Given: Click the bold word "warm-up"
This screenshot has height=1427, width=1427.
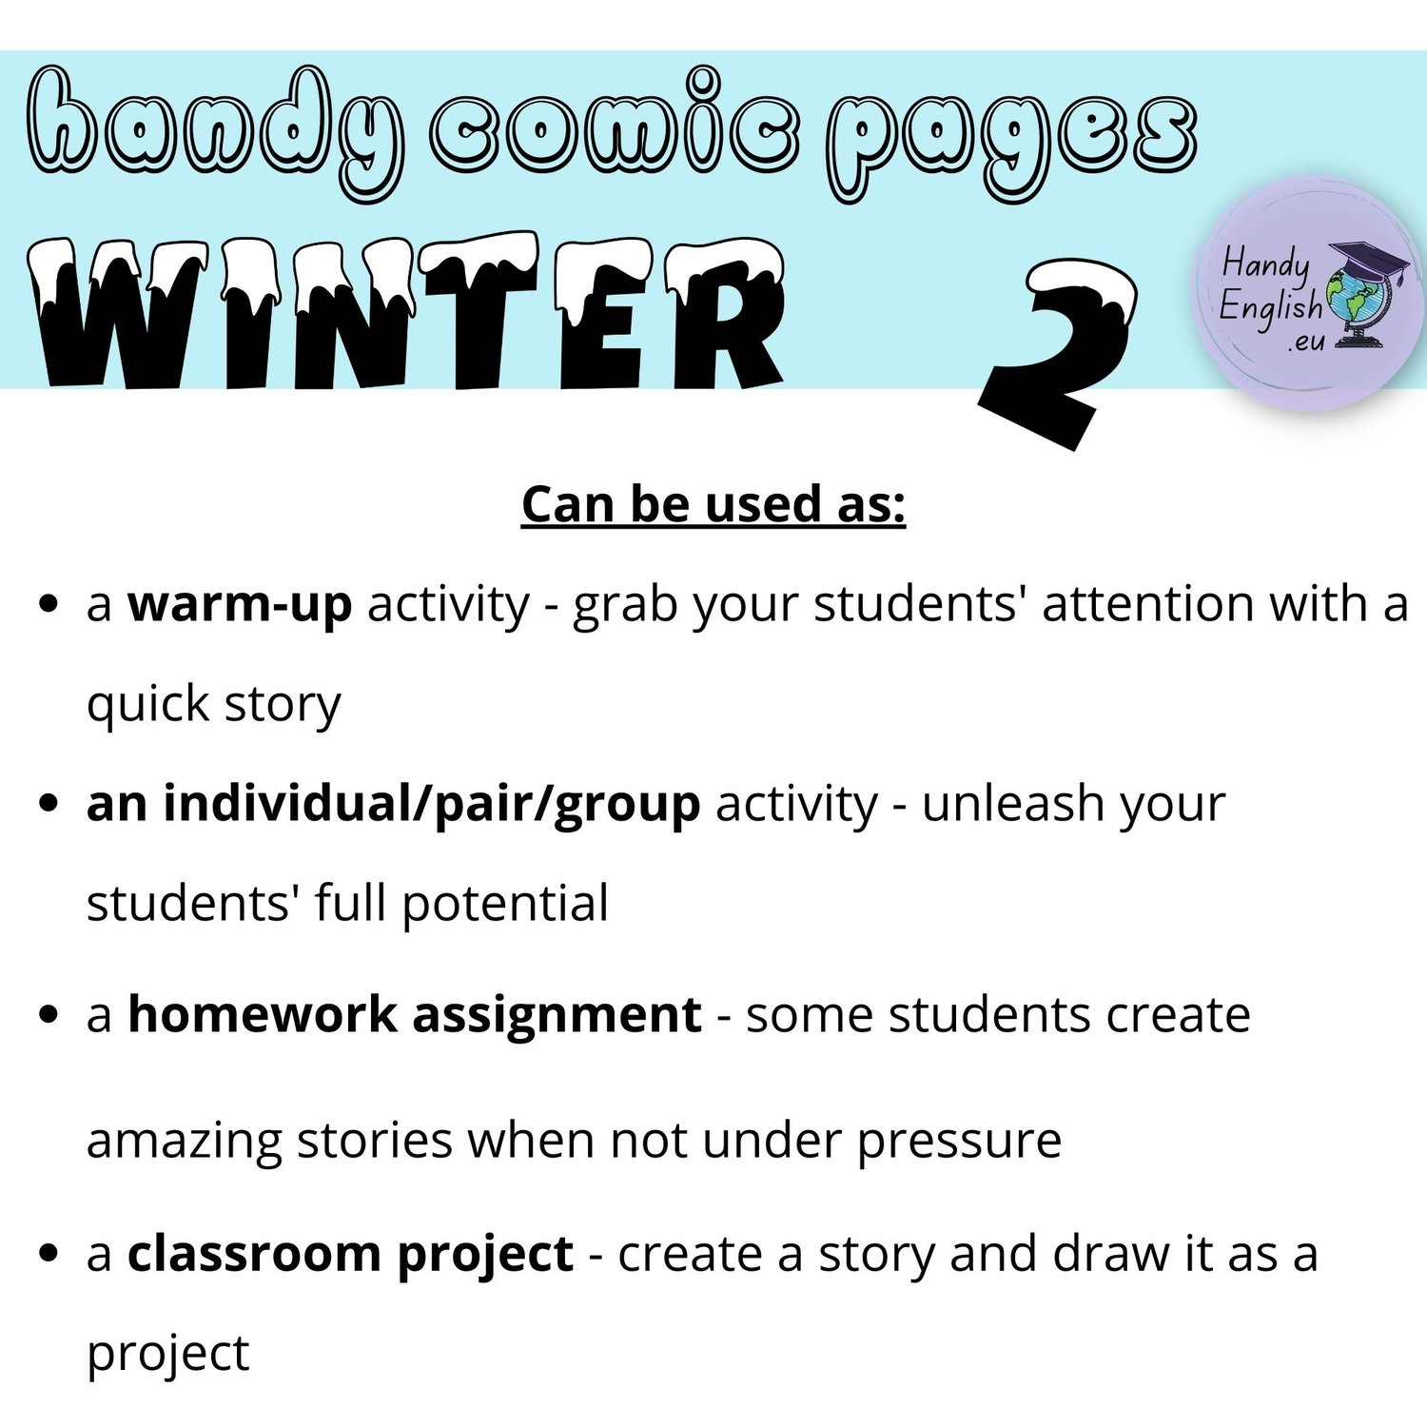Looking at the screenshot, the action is click(240, 603).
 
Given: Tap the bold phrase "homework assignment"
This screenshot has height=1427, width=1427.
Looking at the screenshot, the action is click(415, 1015).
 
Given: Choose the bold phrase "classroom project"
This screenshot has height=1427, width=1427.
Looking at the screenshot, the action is click(350, 1254).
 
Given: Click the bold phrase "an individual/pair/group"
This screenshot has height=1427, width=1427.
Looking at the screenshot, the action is click(393, 805).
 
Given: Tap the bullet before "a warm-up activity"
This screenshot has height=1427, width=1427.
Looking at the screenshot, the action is click(49, 605).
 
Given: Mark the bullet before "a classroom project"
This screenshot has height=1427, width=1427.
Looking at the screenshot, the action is click(49, 1255).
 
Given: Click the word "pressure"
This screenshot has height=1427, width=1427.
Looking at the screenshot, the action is click(959, 1142).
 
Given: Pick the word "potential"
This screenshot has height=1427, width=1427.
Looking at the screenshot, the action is click(505, 903).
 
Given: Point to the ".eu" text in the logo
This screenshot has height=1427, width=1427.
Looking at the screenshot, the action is click(1305, 342).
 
